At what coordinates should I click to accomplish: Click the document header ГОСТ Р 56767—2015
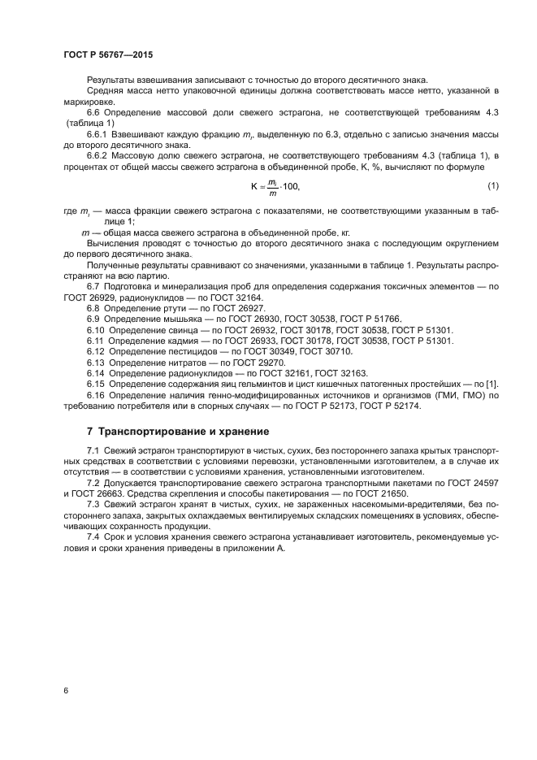pos(108,54)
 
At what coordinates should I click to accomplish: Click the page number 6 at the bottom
pos(65,690)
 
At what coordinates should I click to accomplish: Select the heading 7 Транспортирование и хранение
pos(179,430)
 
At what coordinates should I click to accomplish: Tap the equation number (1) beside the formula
pos(493,186)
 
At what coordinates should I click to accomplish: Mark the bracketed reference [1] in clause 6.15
pos(492,383)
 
